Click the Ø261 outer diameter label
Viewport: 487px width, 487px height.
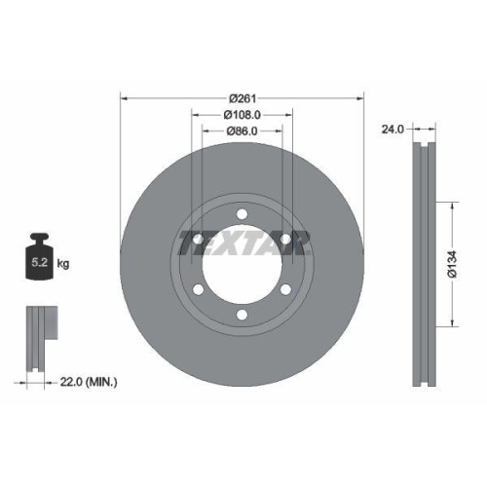click(x=243, y=98)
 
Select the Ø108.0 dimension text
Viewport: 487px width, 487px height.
click(x=243, y=115)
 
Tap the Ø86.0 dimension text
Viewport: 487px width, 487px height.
click(x=242, y=131)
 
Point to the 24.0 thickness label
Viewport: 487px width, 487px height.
click(x=393, y=130)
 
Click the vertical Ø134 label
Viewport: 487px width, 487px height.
click(x=452, y=264)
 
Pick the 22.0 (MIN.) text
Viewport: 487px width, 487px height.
click(x=89, y=382)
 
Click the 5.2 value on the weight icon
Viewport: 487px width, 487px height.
click(x=40, y=262)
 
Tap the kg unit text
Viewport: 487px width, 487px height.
click(x=63, y=264)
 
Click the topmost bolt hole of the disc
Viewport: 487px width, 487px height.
click(x=242, y=214)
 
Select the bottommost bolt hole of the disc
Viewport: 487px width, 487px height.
click(x=242, y=315)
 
